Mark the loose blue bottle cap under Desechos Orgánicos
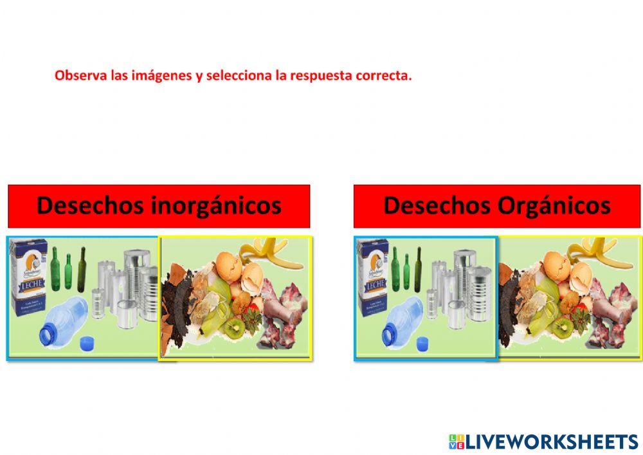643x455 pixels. pos(422,343)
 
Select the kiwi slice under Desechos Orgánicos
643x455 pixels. pos(562,327)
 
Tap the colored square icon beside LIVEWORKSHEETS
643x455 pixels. pos(456,441)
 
